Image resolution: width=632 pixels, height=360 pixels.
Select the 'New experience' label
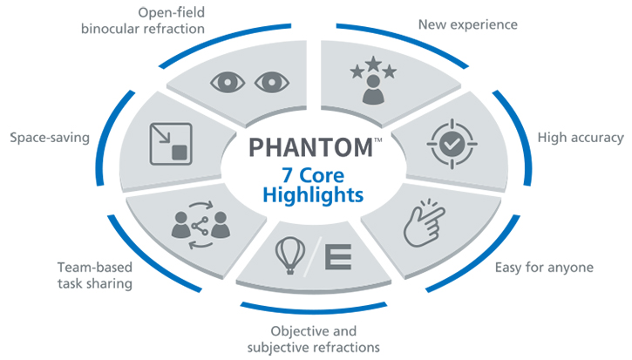pyautogui.click(x=469, y=24)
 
